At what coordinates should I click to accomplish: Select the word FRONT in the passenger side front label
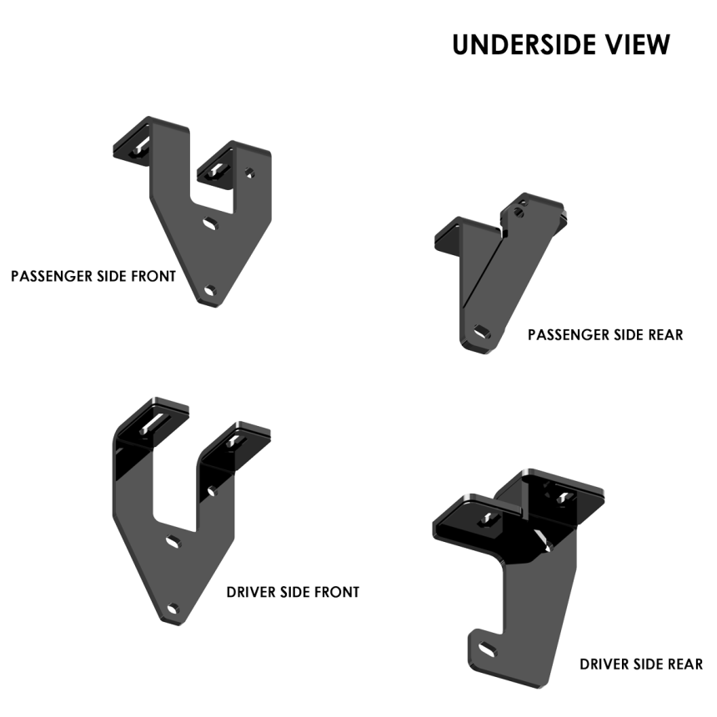[x=153, y=276]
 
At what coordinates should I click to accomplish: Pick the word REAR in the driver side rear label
[x=685, y=664]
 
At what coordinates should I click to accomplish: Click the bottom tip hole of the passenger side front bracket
[x=210, y=290]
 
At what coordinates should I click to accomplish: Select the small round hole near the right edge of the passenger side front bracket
[x=249, y=173]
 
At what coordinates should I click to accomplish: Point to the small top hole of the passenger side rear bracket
[x=518, y=212]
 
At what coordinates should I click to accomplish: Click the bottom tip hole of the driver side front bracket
[x=173, y=609]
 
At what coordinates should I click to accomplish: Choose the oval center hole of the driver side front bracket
[x=173, y=541]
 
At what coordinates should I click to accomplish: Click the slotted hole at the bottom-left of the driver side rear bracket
[x=487, y=649]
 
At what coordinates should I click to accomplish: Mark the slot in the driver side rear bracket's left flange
[x=489, y=519]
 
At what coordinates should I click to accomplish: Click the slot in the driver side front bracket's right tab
[x=235, y=441]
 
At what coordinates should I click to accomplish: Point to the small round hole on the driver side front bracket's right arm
[x=212, y=491]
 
